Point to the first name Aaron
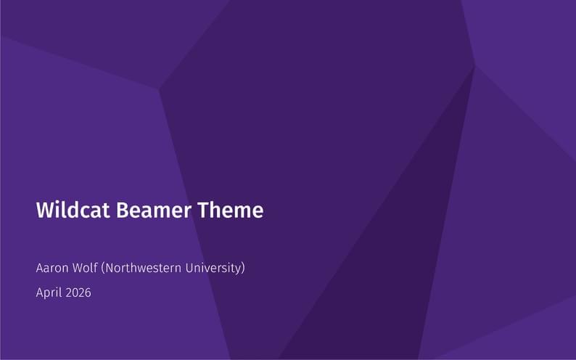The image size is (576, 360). [52, 268]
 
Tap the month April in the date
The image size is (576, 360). [49, 293]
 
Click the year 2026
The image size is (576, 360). [78, 292]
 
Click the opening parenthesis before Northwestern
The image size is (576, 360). [103, 269]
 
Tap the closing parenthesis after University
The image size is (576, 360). [243, 269]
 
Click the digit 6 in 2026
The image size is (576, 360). [88, 292]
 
